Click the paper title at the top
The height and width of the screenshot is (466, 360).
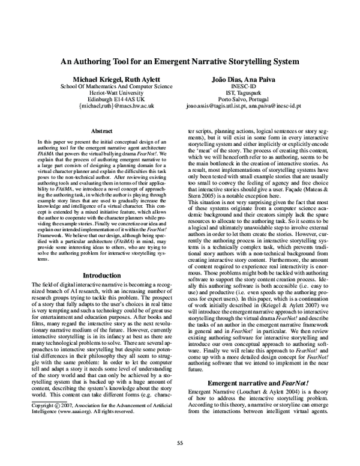[x=180, y=62]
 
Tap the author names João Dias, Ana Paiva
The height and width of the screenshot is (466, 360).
[x=251, y=79]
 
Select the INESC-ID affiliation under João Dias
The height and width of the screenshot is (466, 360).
[x=251, y=86]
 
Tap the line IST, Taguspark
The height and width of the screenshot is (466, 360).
[x=251, y=93]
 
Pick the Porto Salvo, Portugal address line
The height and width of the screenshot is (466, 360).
[x=251, y=100]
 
